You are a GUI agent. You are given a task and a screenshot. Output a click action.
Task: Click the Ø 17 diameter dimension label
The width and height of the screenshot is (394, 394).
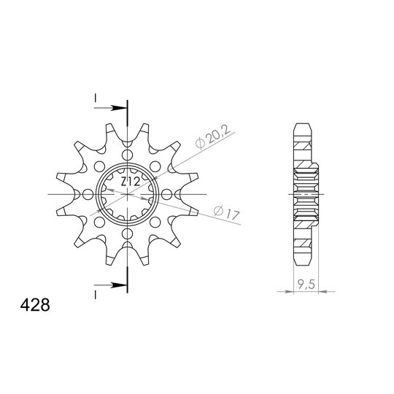[x=227, y=213]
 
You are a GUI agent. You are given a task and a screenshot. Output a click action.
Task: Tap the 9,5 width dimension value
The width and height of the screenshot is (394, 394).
[x=306, y=285]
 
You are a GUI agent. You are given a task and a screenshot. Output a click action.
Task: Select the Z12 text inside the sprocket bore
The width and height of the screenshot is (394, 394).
[x=130, y=182]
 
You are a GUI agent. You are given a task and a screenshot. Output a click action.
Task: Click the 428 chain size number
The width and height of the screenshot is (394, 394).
[x=35, y=305]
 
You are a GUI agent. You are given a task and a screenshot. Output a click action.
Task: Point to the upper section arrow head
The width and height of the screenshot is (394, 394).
[x=119, y=108]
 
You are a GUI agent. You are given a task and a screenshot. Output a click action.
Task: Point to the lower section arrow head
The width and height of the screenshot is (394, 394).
[x=119, y=285]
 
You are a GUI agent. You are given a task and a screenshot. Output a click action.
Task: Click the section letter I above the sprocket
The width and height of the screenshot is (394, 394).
[x=96, y=98]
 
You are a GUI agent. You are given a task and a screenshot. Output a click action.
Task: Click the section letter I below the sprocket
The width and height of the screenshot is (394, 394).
[x=96, y=295]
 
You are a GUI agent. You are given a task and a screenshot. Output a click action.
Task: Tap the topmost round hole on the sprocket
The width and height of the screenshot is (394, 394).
[x=127, y=155]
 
